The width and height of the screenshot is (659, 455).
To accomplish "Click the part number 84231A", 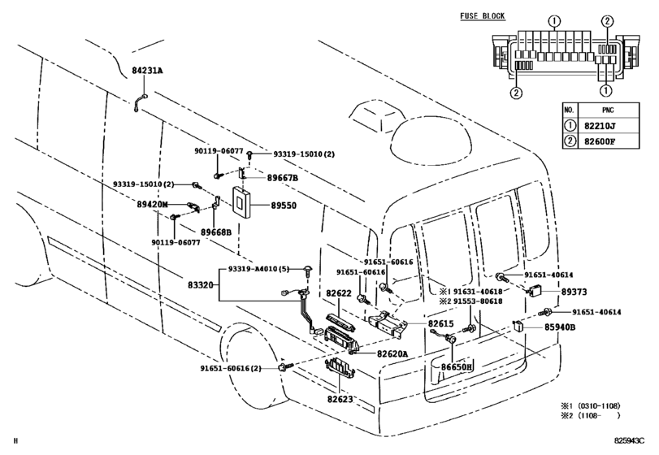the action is (x=147, y=71).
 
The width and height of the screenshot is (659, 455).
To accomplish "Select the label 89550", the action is (x=284, y=206).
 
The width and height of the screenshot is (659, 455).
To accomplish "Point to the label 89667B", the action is (x=283, y=178).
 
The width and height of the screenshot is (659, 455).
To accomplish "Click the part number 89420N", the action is (x=152, y=205).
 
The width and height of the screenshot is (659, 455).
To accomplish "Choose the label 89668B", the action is (x=216, y=232).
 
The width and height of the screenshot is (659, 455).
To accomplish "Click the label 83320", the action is (x=201, y=285).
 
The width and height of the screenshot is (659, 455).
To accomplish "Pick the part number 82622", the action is (x=339, y=293).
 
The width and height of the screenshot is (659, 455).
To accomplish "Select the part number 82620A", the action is (x=392, y=353).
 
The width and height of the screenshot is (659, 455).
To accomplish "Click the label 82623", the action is (x=340, y=399).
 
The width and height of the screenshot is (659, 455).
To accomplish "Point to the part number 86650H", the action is (x=457, y=366).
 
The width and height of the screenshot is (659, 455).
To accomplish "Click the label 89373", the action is (x=574, y=292).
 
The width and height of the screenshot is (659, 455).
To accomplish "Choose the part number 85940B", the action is (x=560, y=327).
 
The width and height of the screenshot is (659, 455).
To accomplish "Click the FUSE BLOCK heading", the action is (x=483, y=16).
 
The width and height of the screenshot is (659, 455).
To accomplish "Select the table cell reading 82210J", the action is (x=600, y=126).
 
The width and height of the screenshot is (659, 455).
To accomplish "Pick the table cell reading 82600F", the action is (x=600, y=141).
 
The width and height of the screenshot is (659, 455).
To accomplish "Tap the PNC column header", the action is (x=608, y=110).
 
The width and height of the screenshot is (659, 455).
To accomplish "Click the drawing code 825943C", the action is (x=629, y=440).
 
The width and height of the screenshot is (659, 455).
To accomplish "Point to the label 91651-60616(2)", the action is (x=230, y=368).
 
